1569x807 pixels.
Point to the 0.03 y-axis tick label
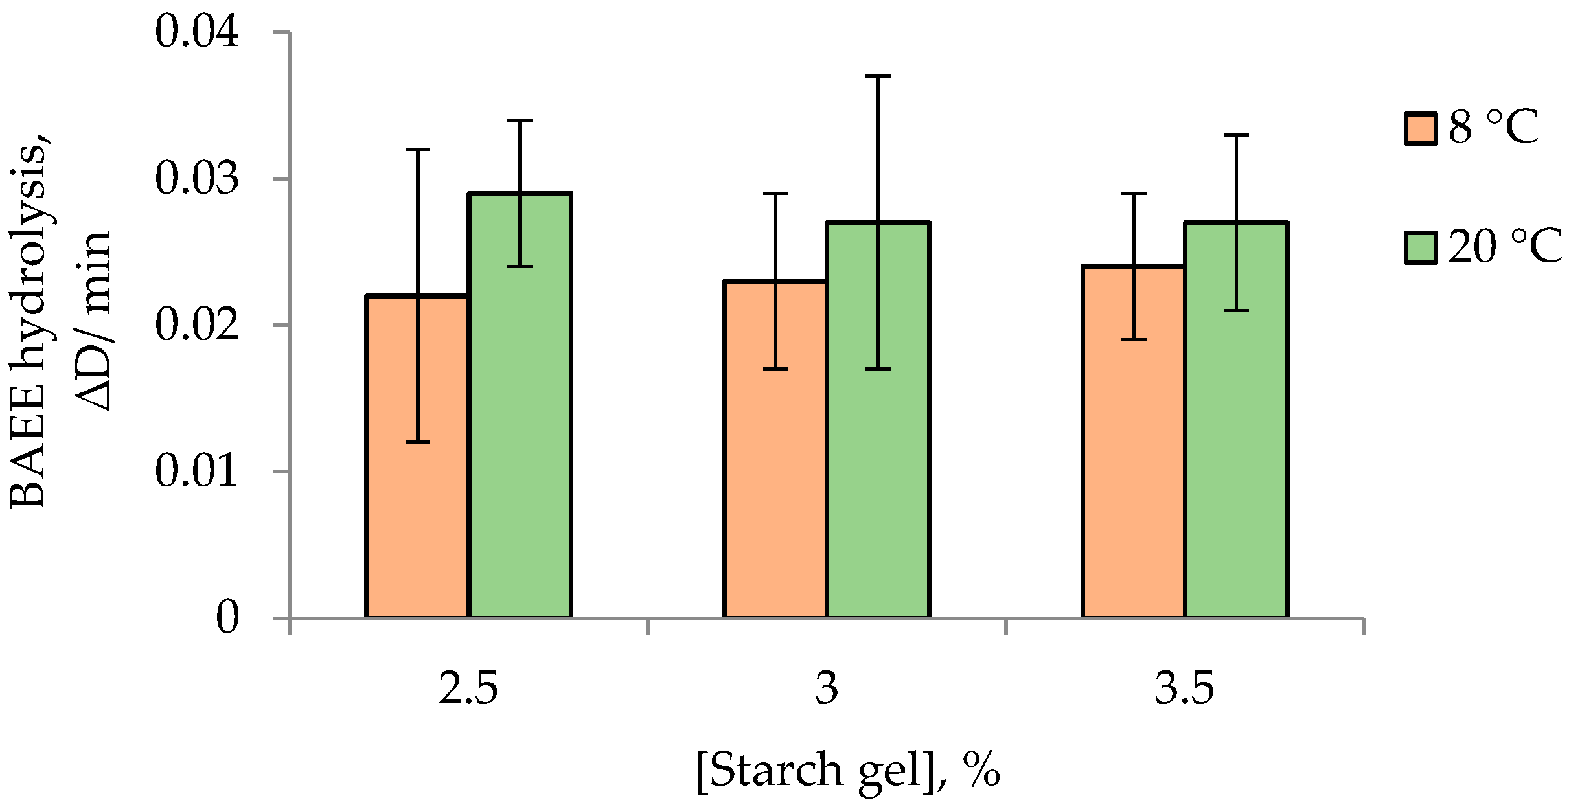click(x=197, y=178)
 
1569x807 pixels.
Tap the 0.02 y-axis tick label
click(x=197, y=324)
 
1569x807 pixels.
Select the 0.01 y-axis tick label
click(x=197, y=471)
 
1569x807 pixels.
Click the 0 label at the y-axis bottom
click(x=227, y=617)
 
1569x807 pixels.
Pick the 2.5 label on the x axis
click(x=468, y=689)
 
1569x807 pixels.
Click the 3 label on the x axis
click(x=827, y=689)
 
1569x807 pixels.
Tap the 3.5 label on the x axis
click(x=1184, y=689)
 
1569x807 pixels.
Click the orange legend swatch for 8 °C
click(x=1421, y=128)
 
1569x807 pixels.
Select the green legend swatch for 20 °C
click(x=1421, y=247)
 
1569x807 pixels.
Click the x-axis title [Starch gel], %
click(x=849, y=770)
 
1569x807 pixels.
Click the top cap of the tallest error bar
click(x=878, y=76)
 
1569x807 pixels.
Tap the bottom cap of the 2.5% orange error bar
click(x=417, y=442)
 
